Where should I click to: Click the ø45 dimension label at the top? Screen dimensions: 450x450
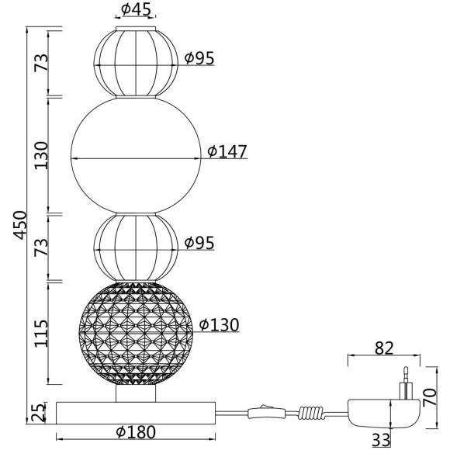136,9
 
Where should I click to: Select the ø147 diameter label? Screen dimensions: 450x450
227,151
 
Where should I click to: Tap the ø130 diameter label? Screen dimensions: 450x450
220,325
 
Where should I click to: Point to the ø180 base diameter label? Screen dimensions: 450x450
136,431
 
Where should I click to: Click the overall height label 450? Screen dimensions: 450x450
20,225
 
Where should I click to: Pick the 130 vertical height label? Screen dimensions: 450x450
41,155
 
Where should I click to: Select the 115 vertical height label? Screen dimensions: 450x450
41,333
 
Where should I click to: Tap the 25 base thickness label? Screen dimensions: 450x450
39,413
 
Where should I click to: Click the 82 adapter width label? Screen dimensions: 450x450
384,348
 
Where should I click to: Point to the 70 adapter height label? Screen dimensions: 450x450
431,397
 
